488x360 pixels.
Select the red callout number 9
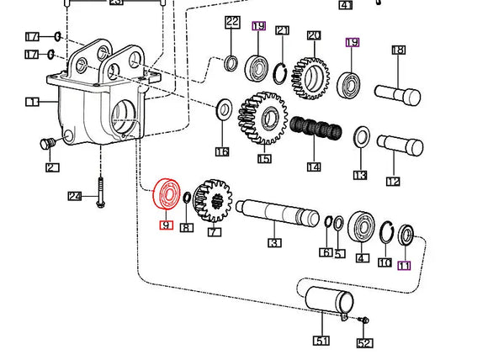166,225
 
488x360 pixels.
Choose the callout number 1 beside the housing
32,102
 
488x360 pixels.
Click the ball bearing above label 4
363,225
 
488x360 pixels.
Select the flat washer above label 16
225,109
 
